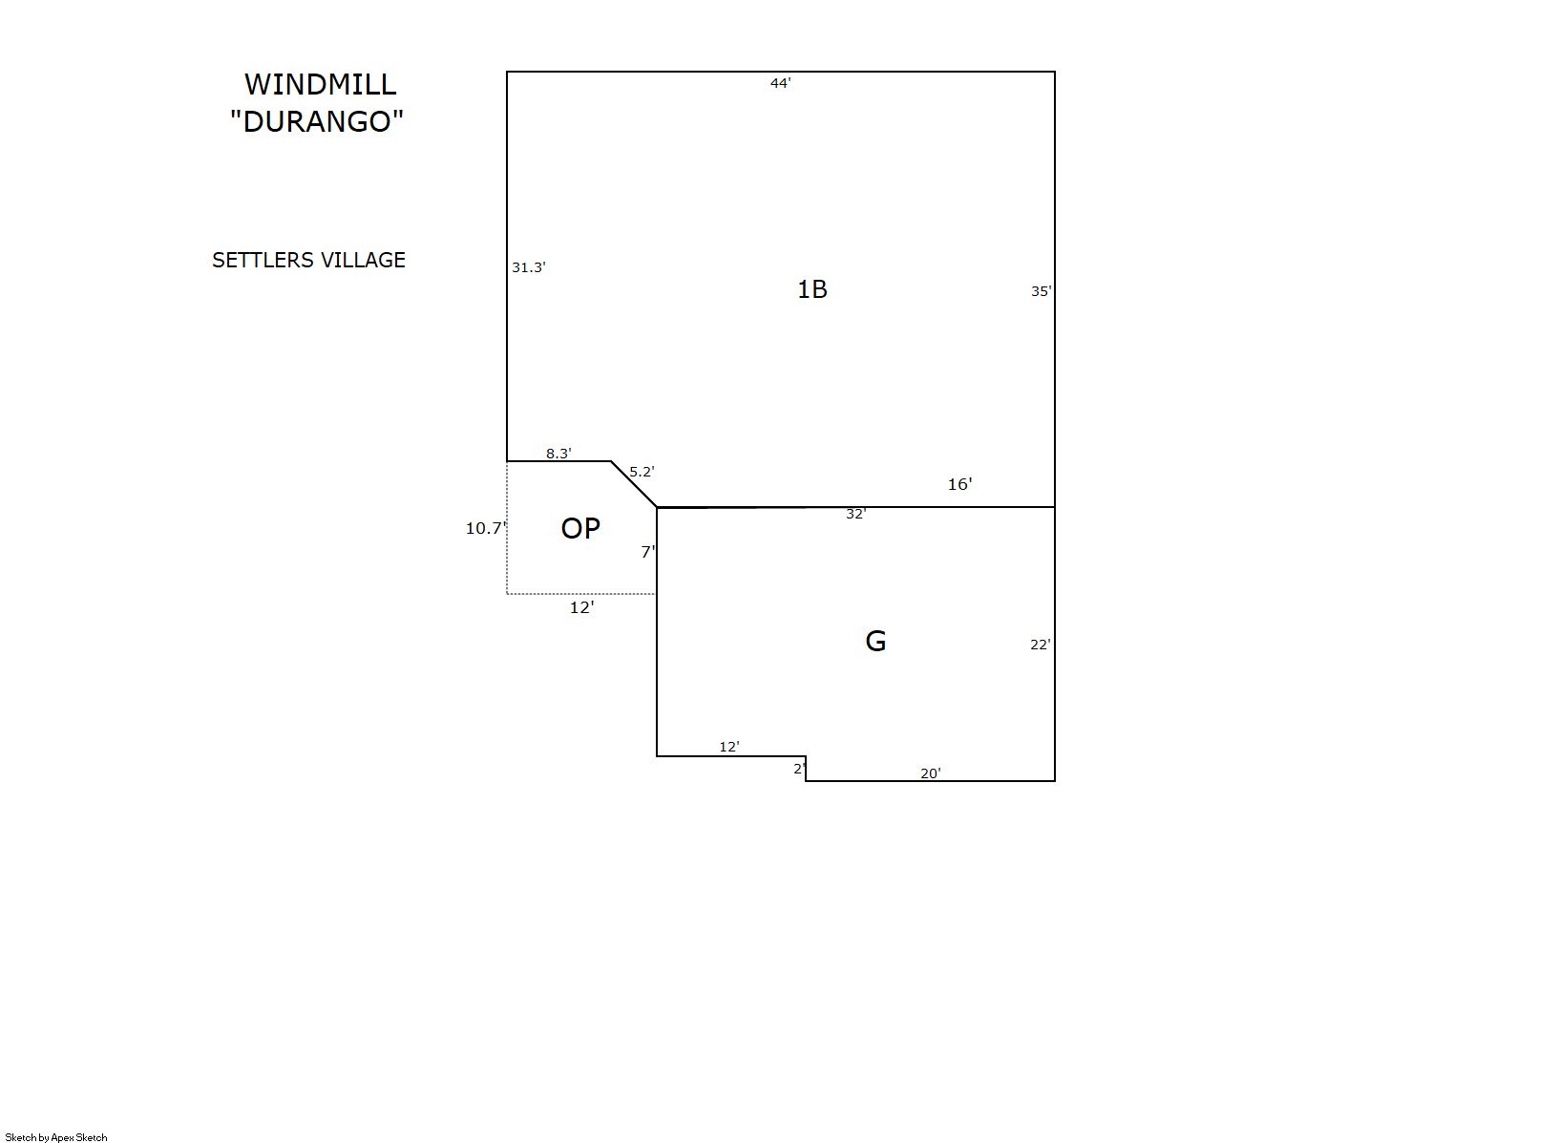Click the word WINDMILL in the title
coord(320,85)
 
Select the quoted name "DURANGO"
coord(317,121)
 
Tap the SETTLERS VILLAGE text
coord(308,260)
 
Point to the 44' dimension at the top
coord(780,83)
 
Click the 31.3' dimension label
coord(529,267)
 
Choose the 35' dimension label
coord(1042,291)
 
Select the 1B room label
coord(812,289)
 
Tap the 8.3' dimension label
coord(558,454)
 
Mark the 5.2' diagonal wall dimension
coord(642,472)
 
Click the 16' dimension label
coord(959,484)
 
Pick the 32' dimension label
coord(856,514)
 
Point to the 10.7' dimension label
coord(486,529)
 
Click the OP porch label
coord(580,529)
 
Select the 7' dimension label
coord(648,552)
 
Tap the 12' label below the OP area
coord(582,608)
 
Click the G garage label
coord(875,641)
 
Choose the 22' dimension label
coord(1041,645)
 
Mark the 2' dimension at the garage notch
coord(800,769)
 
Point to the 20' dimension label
coord(931,773)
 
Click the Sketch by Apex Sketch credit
coord(56,1137)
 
